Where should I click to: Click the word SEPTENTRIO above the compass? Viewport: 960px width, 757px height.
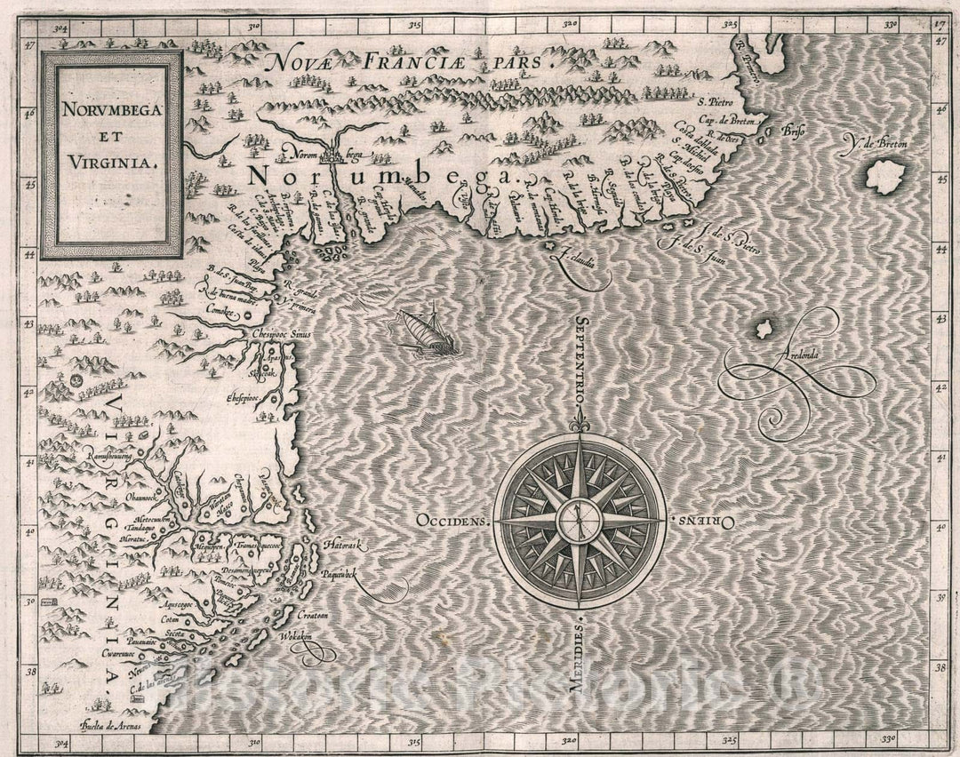click(580, 360)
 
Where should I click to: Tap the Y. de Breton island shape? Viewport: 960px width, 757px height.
click(884, 176)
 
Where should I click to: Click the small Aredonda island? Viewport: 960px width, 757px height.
click(763, 330)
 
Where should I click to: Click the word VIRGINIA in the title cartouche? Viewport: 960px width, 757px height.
click(111, 163)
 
